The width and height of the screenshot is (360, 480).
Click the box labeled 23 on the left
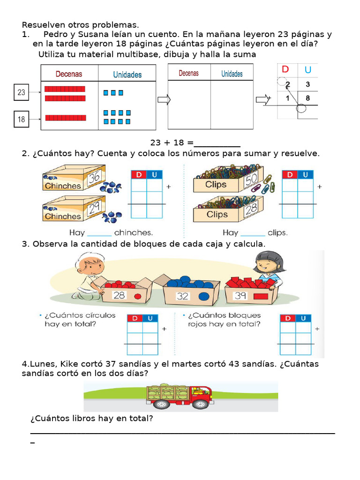[22, 92]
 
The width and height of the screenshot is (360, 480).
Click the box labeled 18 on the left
[22, 120]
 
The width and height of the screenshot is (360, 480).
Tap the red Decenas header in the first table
[69, 74]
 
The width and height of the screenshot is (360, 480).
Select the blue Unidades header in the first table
[127, 75]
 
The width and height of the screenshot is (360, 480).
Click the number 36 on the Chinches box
[94, 177]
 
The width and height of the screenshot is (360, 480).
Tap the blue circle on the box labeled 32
[203, 296]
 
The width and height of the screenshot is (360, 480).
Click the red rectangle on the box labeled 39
[260, 296]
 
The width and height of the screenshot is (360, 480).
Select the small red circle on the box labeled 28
[137, 296]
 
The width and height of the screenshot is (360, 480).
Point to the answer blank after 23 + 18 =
[217, 142]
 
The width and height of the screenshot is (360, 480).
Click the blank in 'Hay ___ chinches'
[99, 233]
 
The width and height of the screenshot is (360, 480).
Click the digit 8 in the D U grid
[307, 98]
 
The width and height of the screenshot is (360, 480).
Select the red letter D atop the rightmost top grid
[285, 70]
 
